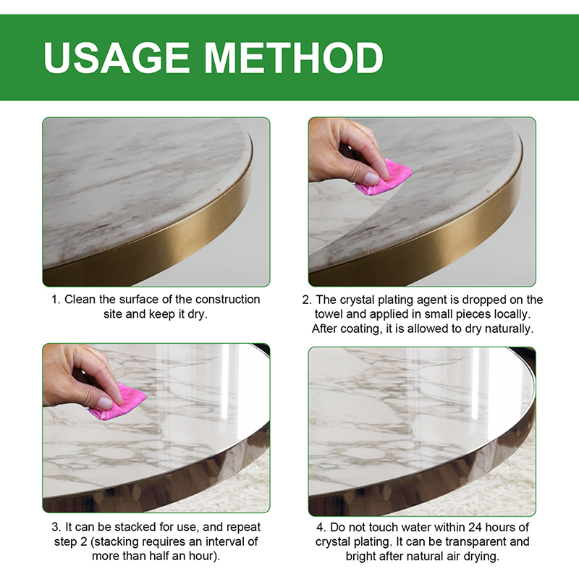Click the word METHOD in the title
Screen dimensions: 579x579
(294, 58)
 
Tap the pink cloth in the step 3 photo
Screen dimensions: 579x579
(118, 402)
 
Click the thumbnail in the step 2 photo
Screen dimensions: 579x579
(371, 178)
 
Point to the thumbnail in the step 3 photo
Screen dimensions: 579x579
(105, 402)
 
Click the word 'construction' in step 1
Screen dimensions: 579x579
(227, 300)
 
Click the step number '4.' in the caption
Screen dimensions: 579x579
(321, 528)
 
